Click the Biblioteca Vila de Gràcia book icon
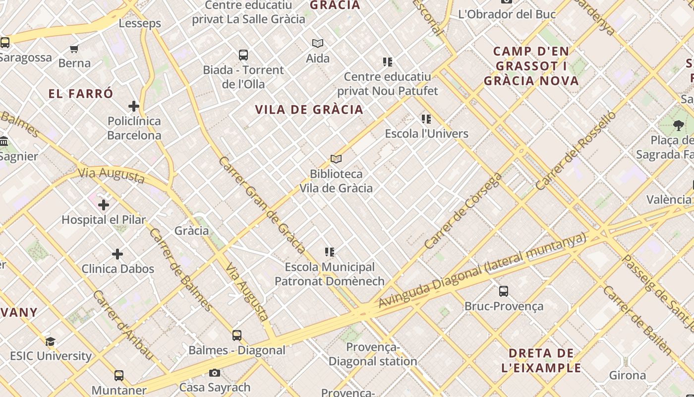point(336,159)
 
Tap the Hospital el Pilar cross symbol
point(104,204)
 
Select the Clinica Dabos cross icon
point(117,254)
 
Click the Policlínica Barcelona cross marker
point(134,106)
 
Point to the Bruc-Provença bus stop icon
point(504,291)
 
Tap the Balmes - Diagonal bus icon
point(237,335)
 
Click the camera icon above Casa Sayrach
point(215,373)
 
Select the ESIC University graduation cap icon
point(50,341)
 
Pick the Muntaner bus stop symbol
point(119,376)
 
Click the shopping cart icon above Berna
point(74,49)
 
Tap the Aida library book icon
point(318,44)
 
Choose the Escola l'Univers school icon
point(426,119)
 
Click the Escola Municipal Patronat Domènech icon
point(330,253)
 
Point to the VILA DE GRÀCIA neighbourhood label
point(309,110)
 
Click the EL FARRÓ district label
point(81,94)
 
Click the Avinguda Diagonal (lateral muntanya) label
point(482,270)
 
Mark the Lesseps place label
point(140,23)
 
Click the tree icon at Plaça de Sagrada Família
point(678,126)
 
